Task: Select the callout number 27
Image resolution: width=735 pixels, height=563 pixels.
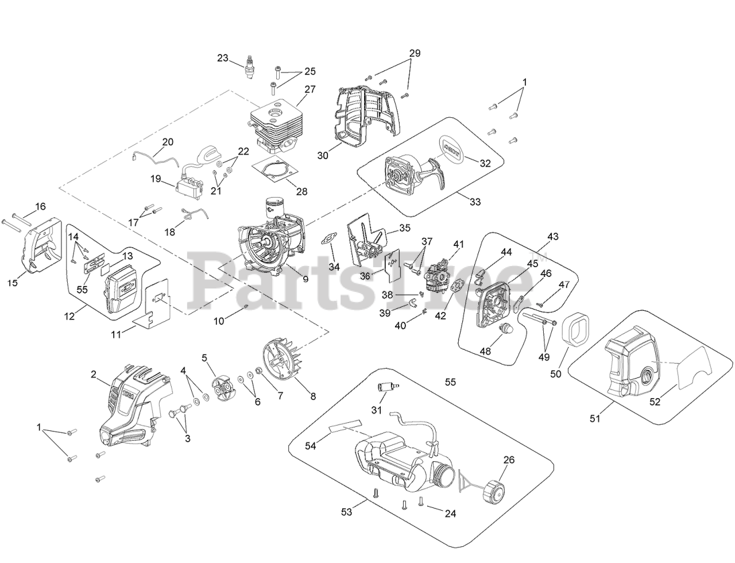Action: click(x=310, y=90)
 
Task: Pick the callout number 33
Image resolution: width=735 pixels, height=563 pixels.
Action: click(x=475, y=202)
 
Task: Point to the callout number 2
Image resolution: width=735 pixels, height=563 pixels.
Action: click(x=94, y=375)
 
